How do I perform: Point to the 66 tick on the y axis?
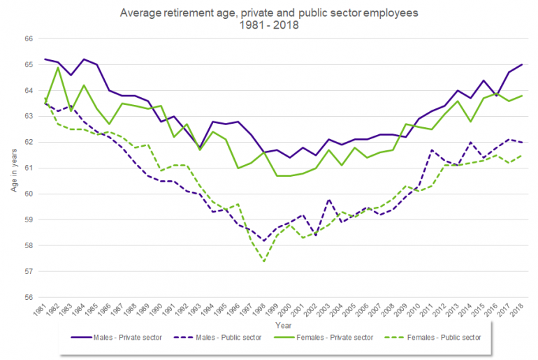point(29,39)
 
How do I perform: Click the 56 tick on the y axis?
point(29,297)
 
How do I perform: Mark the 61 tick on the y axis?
point(29,168)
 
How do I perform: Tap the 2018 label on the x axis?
point(521,310)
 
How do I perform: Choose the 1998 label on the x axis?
point(263,310)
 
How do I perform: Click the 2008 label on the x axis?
point(392,310)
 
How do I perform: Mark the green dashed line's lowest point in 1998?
point(263,261)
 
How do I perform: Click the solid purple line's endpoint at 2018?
point(521,65)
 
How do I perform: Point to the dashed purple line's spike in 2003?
point(328,199)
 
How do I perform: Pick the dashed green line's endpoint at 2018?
point(521,155)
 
